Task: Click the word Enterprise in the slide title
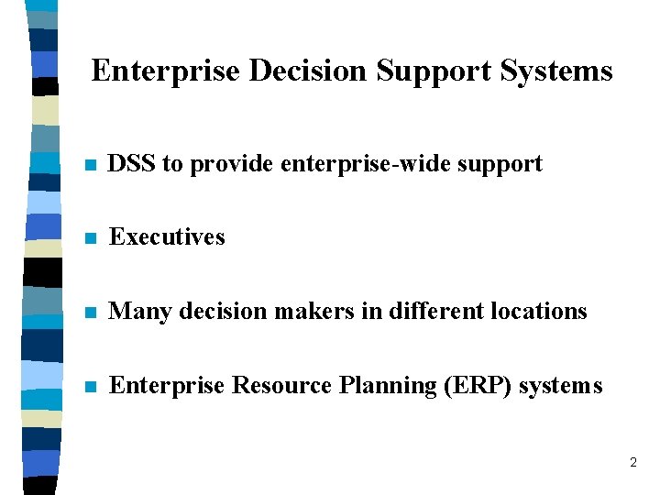(166, 71)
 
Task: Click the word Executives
(167, 236)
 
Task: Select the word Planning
(387, 386)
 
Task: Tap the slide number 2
(632, 463)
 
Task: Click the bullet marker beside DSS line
(89, 166)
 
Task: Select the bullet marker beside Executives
(89, 238)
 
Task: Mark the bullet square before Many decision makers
(89, 313)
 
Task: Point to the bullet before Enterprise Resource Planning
(89, 387)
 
